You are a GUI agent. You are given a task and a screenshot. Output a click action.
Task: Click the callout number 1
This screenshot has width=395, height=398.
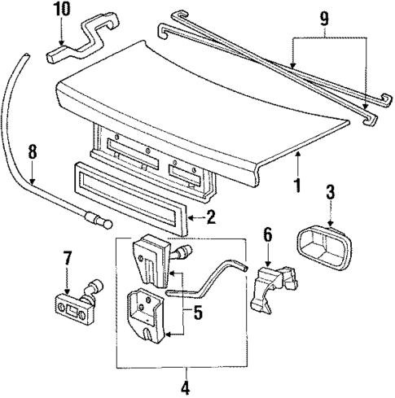click(297, 186)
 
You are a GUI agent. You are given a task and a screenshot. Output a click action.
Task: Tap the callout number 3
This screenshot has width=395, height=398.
click(331, 194)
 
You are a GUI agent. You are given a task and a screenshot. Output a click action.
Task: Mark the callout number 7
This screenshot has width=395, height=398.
click(68, 261)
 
